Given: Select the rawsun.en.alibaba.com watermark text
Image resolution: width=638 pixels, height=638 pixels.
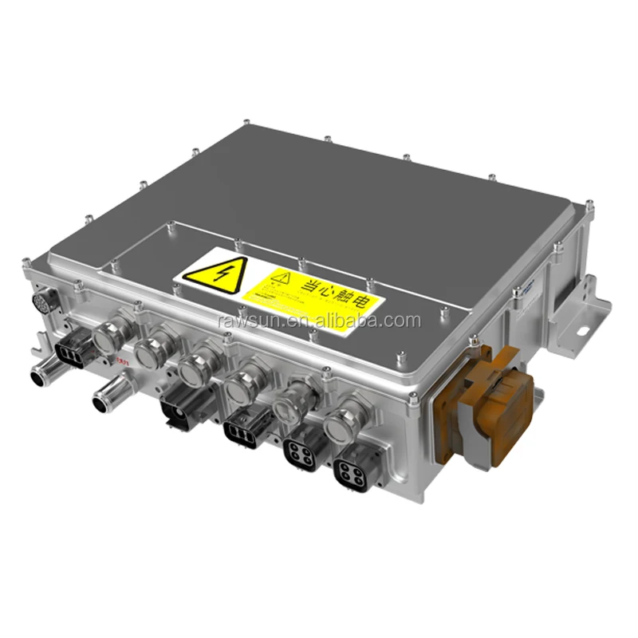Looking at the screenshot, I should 318,321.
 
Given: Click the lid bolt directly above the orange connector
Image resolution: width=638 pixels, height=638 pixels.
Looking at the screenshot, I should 477,345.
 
